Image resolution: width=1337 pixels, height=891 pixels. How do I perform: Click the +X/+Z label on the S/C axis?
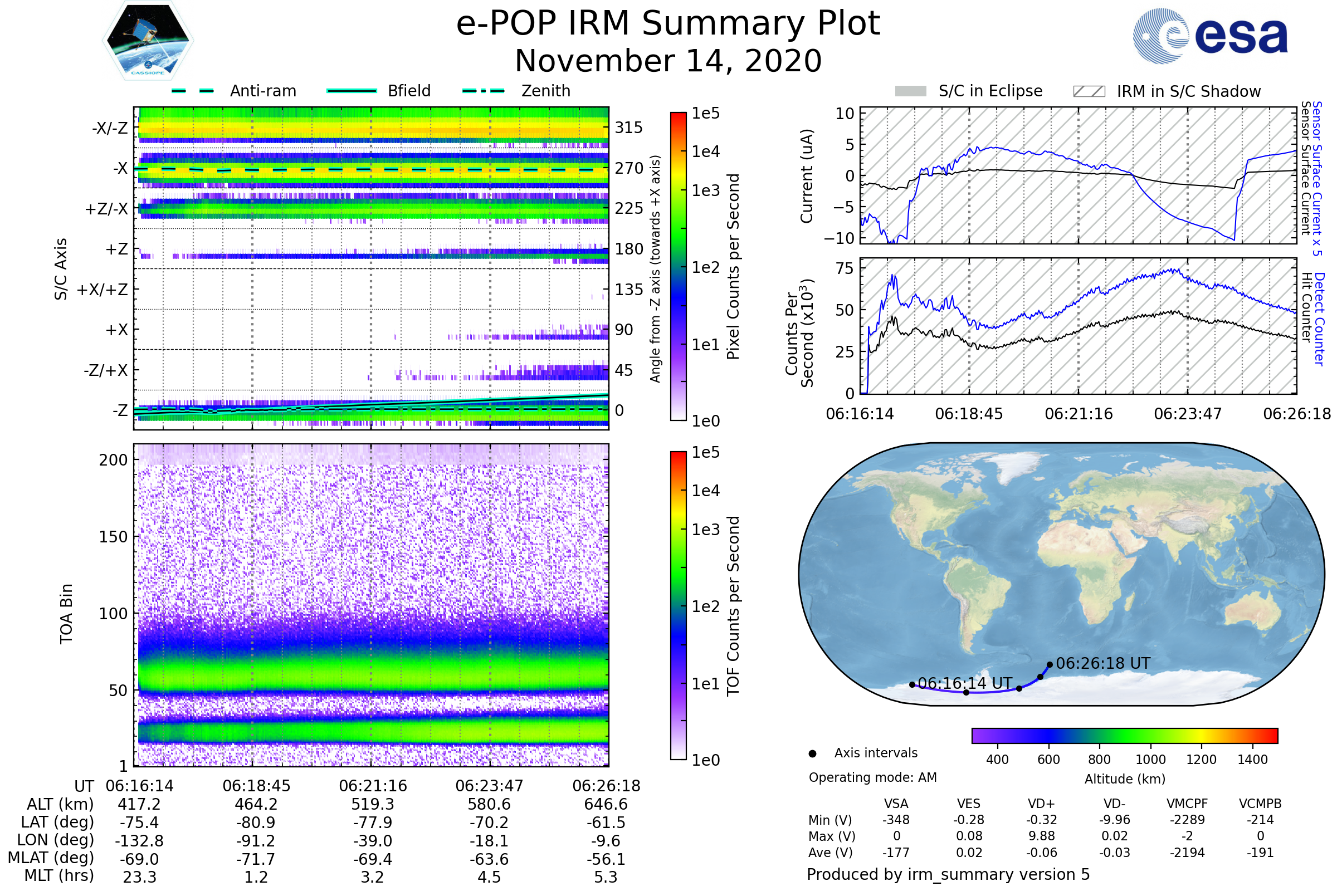[103, 290]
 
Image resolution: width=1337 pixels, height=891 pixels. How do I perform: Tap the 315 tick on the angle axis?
[628, 128]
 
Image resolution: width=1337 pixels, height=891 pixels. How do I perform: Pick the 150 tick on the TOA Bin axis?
[113, 537]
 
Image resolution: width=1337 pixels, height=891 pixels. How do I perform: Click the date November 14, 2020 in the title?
[668, 61]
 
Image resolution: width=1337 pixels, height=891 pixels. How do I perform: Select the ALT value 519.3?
[372, 804]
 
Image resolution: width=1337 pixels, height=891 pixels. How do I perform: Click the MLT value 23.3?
[139, 877]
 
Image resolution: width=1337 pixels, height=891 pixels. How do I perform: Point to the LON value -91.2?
[256, 840]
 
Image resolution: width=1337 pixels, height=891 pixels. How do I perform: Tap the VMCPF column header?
[1187, 804]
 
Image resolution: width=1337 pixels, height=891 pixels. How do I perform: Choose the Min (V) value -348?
[896, 820]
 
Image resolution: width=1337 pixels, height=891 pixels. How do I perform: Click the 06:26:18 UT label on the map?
[1103, 663]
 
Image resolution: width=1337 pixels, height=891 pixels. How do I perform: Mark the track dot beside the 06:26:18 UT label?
[1050, 664]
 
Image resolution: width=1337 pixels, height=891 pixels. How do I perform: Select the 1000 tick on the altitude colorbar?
[1150, 760]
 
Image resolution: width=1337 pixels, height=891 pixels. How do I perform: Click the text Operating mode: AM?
[872, 777]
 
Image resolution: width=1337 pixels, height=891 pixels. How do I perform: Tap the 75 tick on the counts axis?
[845, 268]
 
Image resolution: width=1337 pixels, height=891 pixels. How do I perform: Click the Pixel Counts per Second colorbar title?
[733, 266]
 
